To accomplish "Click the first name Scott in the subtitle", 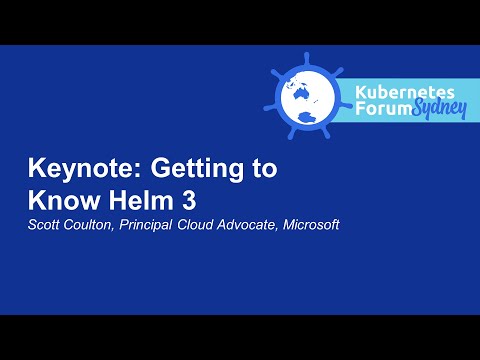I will (45, 224).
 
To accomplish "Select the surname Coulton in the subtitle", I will (94, 224).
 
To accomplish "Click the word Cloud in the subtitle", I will (211, 224).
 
